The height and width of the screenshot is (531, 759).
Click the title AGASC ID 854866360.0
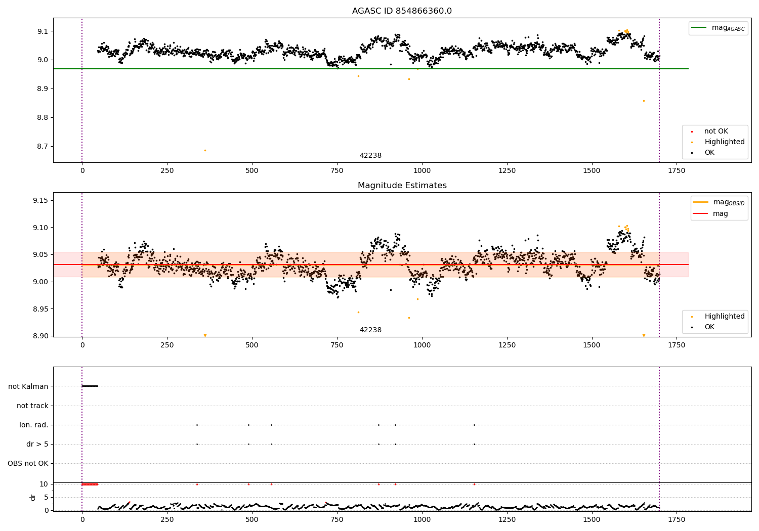coord(402,11)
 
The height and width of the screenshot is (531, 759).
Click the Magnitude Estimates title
coord(402,186)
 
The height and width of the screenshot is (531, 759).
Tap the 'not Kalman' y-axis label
coord(28,386)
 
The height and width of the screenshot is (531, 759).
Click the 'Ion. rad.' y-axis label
coord(33,425)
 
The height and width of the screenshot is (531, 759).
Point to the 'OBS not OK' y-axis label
coord(28,463)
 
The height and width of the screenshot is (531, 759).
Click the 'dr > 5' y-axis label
coord(37,444)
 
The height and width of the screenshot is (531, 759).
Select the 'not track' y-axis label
coord(32,406)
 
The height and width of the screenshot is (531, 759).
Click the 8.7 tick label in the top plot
coord(41,146)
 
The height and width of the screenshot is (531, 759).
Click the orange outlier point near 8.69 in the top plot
coord(205,150)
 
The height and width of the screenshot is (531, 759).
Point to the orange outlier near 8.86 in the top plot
coord(644,101)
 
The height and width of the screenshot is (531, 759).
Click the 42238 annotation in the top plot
coord(370,156)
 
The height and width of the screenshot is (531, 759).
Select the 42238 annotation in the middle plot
coord(370,330)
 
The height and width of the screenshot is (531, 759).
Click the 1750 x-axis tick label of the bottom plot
coord(677,519)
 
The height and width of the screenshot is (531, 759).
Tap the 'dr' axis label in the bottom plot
coord(33,497)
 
